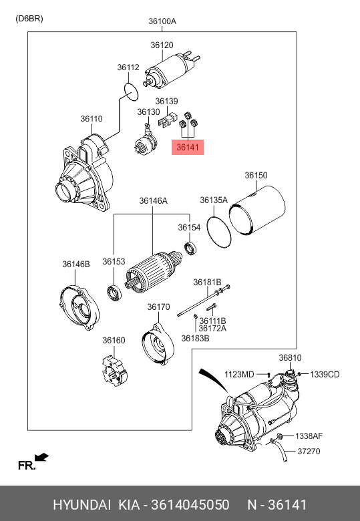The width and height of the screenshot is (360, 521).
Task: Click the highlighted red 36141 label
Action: pos(187,147)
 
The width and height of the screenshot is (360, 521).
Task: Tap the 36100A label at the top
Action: pos(162,21)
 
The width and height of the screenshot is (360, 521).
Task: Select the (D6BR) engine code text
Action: pos(29,19)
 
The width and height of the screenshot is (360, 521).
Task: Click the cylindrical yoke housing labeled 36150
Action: pos(257,210)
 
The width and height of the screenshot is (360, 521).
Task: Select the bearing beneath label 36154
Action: pos(190,248)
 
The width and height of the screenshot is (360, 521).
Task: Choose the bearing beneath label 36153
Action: pos(114,293)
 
